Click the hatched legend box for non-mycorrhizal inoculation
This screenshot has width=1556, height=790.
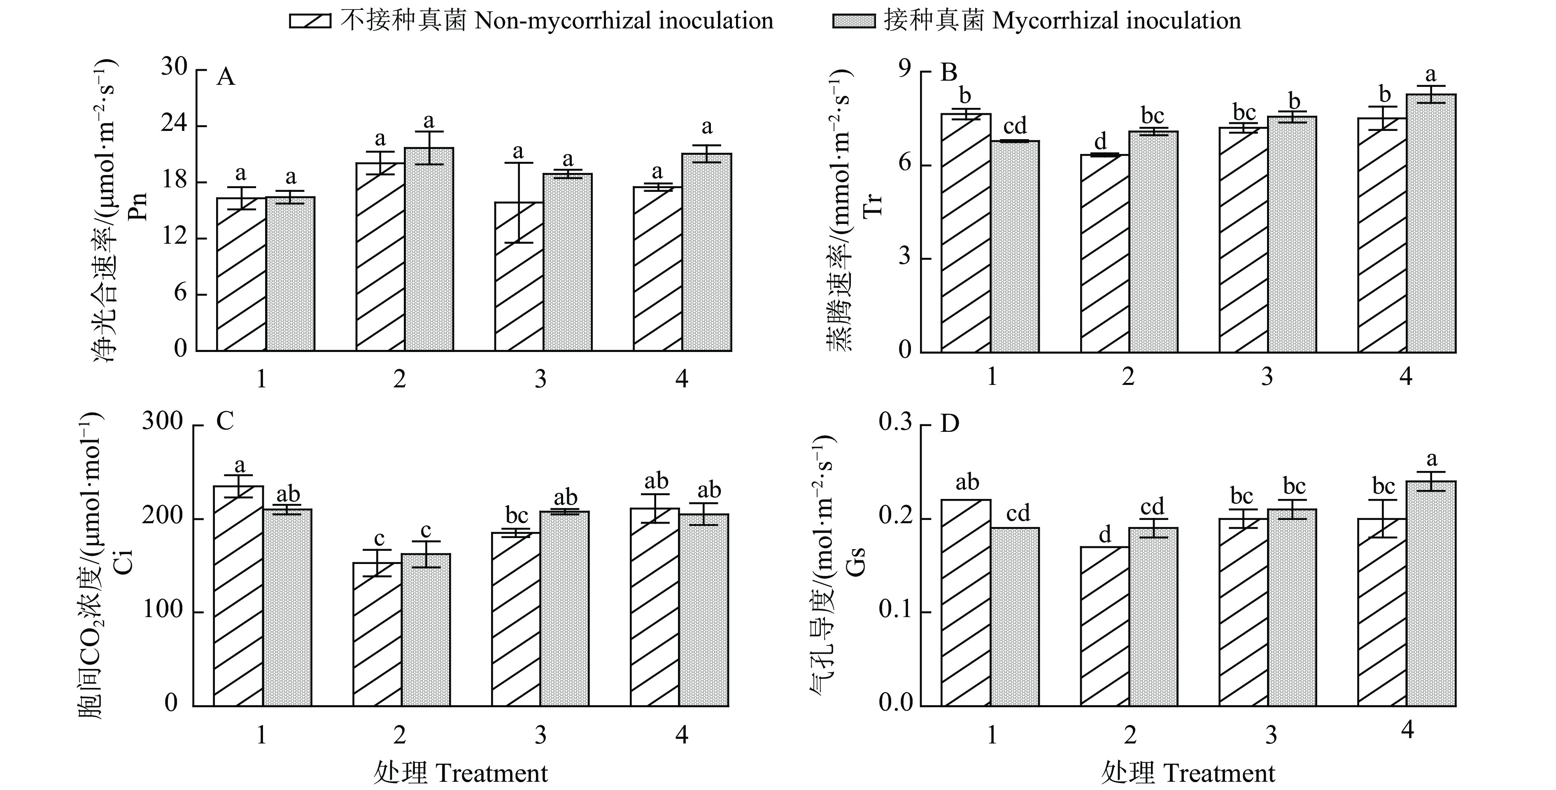pos(310,21)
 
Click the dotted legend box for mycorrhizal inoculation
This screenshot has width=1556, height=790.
pos(853,21)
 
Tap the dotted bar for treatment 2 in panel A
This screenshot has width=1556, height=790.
pos(429,249)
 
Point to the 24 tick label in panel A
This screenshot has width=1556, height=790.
pos(175,125)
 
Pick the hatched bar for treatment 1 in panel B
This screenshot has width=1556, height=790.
pos(966,233)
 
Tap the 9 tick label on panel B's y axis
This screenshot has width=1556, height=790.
pos(905,71)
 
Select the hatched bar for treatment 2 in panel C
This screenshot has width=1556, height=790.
pos(377,634)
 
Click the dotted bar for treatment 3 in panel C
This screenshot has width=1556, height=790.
pos(565,609)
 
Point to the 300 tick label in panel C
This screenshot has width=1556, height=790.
pos(163,421)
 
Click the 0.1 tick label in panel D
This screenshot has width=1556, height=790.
pos(895,610)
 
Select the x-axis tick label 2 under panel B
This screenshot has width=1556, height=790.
pos(1128,377)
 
